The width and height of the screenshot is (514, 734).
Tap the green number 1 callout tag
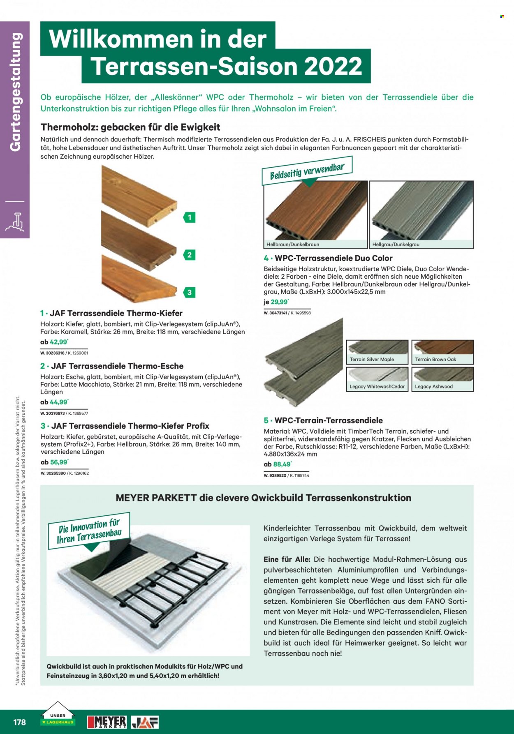click(189, 217)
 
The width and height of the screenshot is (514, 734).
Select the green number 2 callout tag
click(189, 255)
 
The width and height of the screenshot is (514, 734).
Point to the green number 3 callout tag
click(189, 293)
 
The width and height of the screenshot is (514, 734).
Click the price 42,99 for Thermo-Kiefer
click(59, 342)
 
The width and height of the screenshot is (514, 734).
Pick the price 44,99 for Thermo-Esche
click(59, 402)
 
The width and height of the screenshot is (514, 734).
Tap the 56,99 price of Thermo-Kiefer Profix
click(59, 462)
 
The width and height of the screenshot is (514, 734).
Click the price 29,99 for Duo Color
click(280, 302)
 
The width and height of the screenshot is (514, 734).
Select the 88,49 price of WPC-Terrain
click(282, 464)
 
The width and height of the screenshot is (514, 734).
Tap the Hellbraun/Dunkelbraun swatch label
click(293, 244)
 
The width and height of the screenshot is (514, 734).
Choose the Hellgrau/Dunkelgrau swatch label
click(396, 244)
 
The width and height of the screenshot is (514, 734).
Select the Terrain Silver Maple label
click(372, 359)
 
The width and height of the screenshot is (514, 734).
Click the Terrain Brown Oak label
click(435, 359)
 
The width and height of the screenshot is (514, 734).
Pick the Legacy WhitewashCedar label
click(377, 387)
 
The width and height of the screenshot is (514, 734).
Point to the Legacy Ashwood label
click(434, 387)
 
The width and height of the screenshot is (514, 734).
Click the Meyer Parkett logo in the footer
click(107, 722)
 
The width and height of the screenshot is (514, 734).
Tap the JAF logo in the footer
click(145, 722)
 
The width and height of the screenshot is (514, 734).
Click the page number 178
click(19, 722)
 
